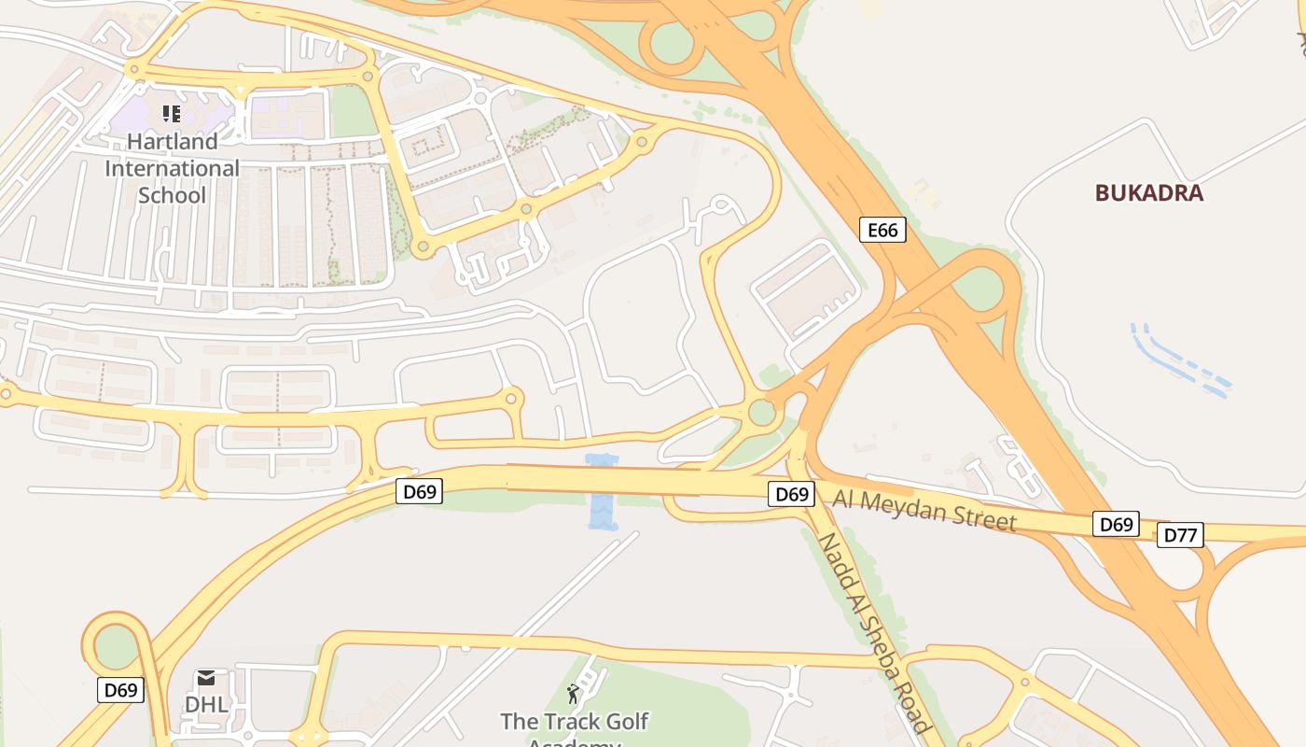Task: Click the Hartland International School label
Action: pyautogui.click(x=172, y=168)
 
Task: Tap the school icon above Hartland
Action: pyautogui.click(x=171, y=114)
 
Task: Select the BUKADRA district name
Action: pyautogui.click(x=1148, y=193)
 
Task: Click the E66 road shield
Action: pyautogui.click(x=882, y=230)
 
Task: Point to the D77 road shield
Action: pyautogui.click(x=1180, y=535)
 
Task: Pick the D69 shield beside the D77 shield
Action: pyautogui.click(x=1116, y=524)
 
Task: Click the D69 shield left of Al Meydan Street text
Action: pyautogui.click(x=791, y=494)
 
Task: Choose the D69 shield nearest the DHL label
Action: pyautogui.click(x=120, y=690)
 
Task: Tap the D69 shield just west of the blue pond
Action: pyautogui.click(x=419, y=491)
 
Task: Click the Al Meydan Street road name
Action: pyautogui.click(x=924, y=510)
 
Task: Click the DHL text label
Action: pyautogui.click(x=206, y=704)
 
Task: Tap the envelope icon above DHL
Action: pyautogui.click(x=206, y=678)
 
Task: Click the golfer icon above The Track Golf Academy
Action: pyautogui.click(x=573, y=694)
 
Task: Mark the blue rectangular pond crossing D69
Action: pyautogui.click(x=603, y=492)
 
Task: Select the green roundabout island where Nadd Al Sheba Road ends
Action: pyautogui.click(x=762, y=412)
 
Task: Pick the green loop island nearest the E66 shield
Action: pyautogui.click(x=977, y=289)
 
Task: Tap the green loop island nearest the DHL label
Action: pyautogui.click(x=116, y=645)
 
